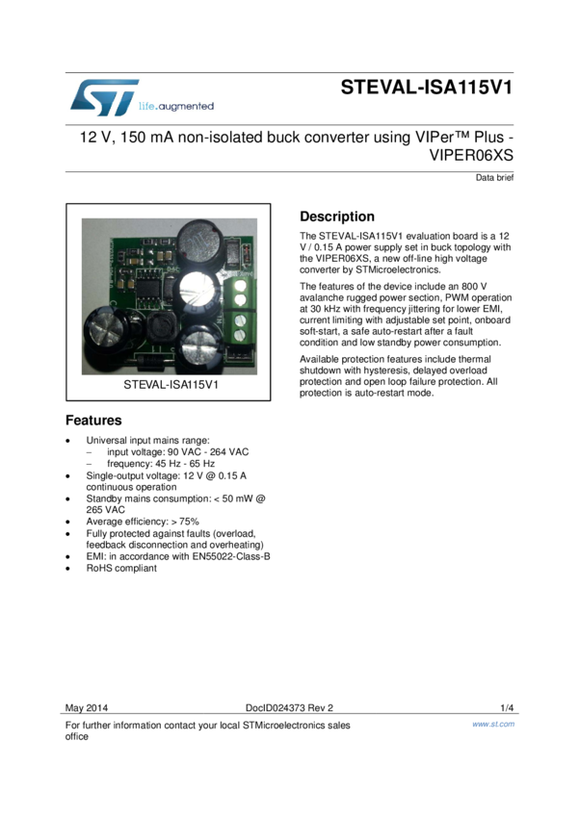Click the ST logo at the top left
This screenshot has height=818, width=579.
coord(104,97)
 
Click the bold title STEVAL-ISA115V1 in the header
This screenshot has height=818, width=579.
coord(426,88)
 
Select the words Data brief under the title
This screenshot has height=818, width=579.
coord(494,178)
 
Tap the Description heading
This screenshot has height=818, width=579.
coord(336,217)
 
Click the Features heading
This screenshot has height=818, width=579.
coord(93,421)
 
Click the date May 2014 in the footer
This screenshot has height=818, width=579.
coord(86,709)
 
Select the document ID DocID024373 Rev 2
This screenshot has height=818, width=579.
coord(289,709)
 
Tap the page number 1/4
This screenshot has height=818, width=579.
coord(507,709)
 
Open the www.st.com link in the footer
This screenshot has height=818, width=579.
coord(493,724)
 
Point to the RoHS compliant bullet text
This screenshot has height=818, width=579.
coord(121,568)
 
